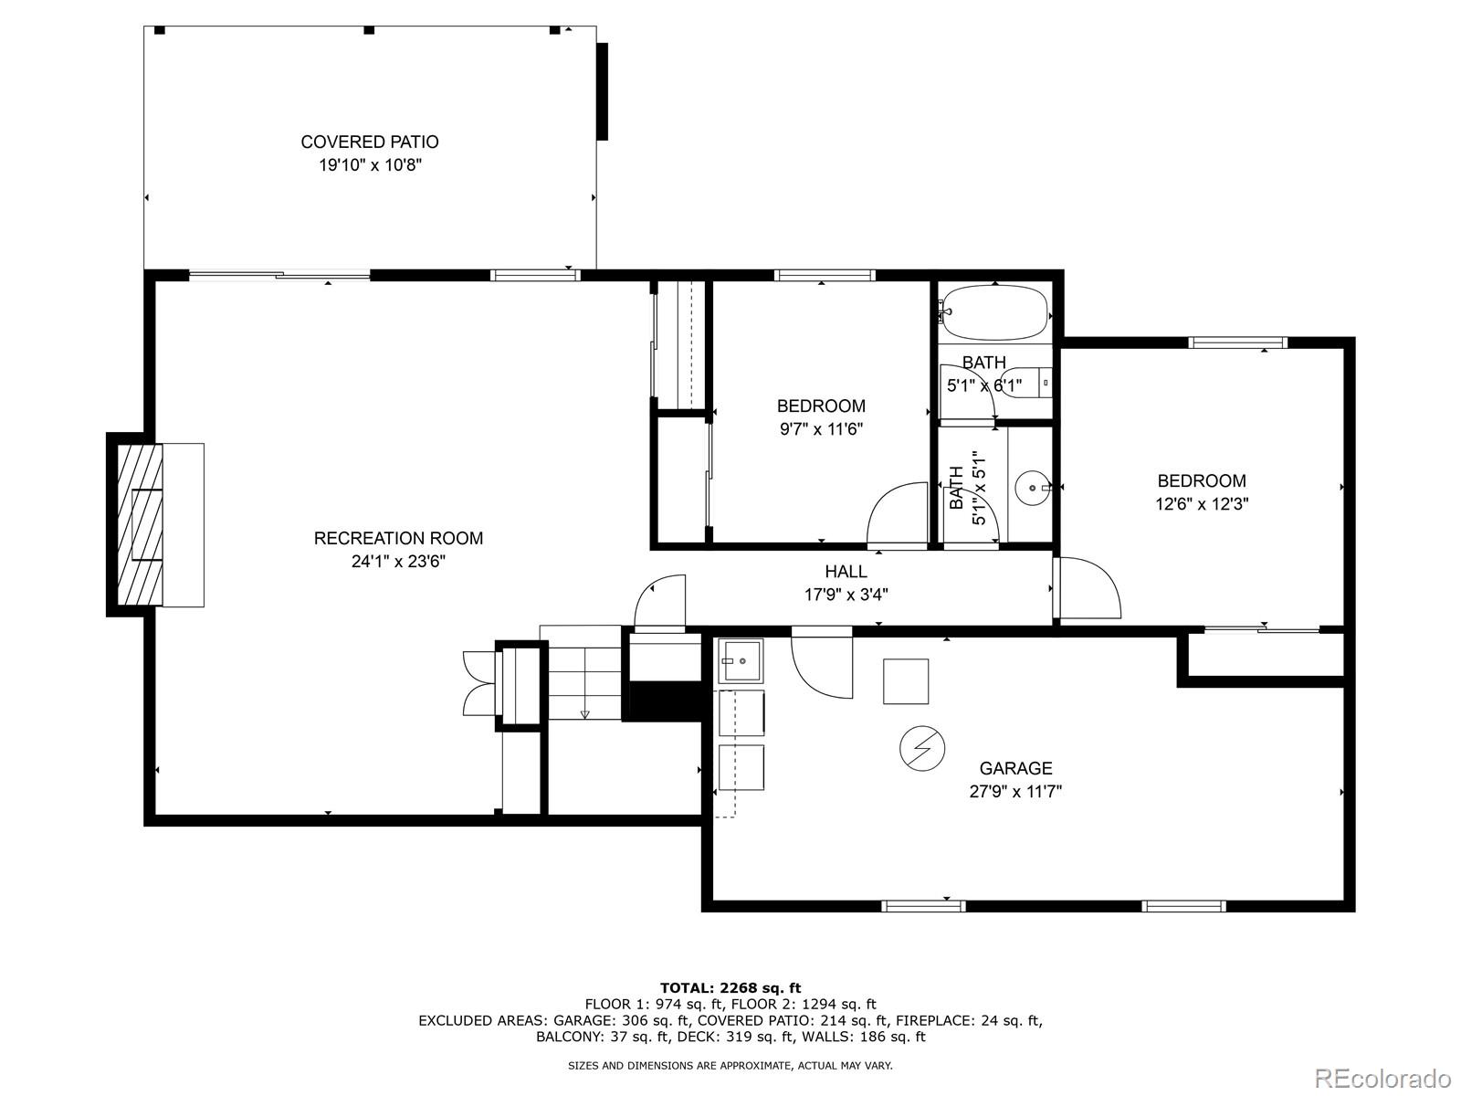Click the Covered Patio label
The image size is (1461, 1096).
pos(370,142)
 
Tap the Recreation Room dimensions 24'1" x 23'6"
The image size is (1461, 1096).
pos(398,562)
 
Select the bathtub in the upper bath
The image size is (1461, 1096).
pos(995,312)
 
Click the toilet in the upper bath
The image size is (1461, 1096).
pos(1025,384)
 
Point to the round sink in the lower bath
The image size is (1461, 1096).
pos(1033,488)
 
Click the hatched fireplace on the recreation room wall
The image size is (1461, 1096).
pos(141,525)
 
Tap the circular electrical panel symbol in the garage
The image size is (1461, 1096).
pos(922,749)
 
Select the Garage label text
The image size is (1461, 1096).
pos(1015,769)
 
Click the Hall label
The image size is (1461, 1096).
pos(846,572)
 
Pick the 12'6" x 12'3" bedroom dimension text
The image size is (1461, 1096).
pos(1202,504)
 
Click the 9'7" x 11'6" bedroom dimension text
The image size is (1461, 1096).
pos(821,429)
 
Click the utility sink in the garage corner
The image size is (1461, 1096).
pos(741,660)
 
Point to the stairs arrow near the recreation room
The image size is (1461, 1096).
pos(585,715)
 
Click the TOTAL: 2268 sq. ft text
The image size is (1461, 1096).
pos(730,987)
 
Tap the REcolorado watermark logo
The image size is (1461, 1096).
pos(1383,1077)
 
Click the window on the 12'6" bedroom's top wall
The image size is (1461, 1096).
pos(1237,342)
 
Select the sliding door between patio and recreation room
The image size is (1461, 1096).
pos(279,275)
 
